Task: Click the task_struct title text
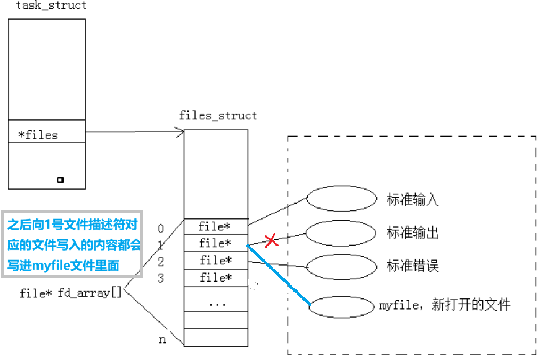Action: (x=51, y=5)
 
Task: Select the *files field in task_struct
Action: (x=38, y=135)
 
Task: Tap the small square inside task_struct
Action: (x=60, y=180)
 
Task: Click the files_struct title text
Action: (x=218, y=116)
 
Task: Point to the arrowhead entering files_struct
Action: (x=181, y=132)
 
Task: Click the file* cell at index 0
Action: (x=215, y=226)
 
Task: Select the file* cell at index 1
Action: (x=215, y=243)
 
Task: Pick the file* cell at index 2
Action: (x=215, y=261)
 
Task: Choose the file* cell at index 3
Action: (x=215, y=278)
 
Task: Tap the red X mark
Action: (x=271, y=240)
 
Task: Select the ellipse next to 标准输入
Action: (x=342, y=199)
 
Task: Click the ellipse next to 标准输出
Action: (x=341, y=233)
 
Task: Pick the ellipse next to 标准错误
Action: (x=342, y=266)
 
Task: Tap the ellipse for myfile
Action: (x=341, y=307)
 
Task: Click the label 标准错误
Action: (x=412, y=266)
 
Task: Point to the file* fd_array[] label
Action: (x=70, y=293)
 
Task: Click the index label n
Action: (x=162, y=339)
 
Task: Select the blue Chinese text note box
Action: (x=72, y=244)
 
